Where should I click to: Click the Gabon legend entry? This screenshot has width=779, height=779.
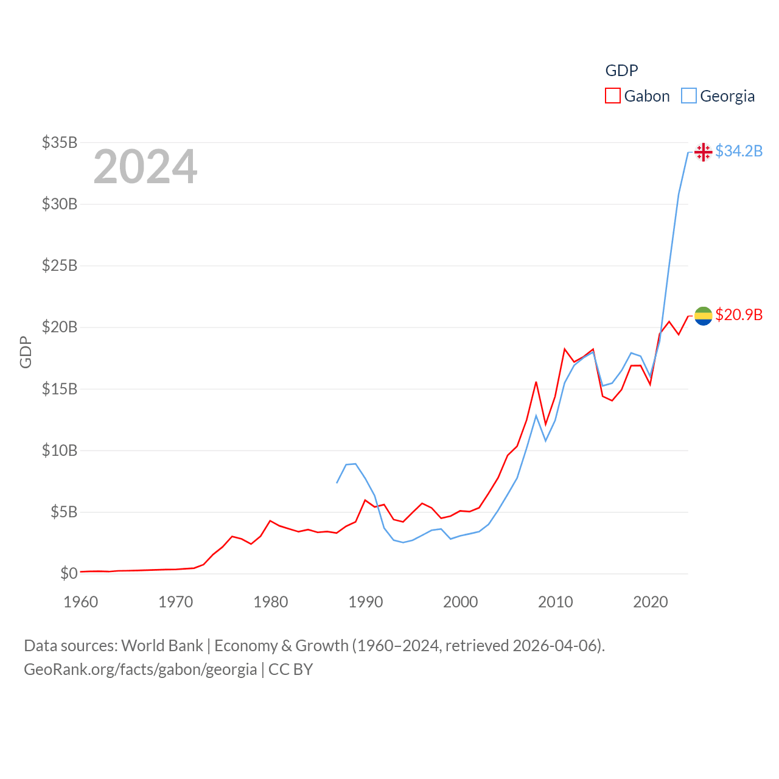pos(637,96)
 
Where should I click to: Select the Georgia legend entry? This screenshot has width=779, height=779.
pos(718,96)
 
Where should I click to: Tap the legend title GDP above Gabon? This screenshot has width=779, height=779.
pos(621,71)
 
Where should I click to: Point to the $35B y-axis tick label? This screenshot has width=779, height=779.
pos(60,142)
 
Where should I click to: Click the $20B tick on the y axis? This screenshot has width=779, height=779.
pos(60,327)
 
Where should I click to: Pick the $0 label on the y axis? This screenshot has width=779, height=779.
pos(69,573)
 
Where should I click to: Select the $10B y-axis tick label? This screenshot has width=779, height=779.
pos(60,450)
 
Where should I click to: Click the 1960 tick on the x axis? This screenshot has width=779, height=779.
pos(81,602)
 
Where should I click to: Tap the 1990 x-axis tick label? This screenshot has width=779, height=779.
pos(365,602)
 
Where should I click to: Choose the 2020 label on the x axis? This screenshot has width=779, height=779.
pos(650,602)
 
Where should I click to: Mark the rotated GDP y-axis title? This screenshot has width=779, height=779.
pos(26,352)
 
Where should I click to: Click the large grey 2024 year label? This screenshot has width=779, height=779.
pos(145,166)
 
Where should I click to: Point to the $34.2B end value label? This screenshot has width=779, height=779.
pos(739,151)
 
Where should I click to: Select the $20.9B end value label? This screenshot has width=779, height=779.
pos(739,315)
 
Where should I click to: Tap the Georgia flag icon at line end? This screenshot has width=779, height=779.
pos(703,152)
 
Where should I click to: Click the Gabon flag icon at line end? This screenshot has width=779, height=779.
pos(703,316)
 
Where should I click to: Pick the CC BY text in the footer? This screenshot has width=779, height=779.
pos(291,669)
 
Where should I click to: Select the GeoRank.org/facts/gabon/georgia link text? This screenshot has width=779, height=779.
pos(141,669)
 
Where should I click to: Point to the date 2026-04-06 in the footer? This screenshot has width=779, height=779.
pos(557,646)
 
